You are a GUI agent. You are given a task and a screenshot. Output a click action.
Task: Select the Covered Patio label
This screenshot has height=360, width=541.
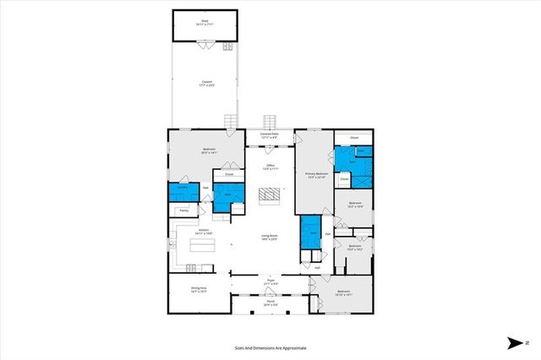pos(270,135)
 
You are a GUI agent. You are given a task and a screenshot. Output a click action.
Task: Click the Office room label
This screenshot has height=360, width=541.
pos(270,166)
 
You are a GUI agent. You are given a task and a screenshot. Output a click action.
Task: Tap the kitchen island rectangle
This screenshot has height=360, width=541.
pos(203,246)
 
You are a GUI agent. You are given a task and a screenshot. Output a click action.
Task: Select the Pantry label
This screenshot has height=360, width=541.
pos(183,210)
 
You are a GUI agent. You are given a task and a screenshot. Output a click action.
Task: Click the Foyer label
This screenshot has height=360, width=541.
pos(270,281)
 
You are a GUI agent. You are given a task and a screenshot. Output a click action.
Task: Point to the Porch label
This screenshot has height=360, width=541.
pos(270,303)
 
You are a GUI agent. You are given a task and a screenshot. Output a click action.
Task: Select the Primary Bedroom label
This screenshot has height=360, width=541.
pos(314,175)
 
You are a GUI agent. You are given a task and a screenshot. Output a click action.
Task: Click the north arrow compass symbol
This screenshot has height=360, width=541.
pos(513,343)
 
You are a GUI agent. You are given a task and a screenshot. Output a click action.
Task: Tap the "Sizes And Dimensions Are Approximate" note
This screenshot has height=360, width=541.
pos(270,347)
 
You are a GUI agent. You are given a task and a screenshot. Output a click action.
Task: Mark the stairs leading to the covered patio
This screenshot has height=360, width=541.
pos(270,122)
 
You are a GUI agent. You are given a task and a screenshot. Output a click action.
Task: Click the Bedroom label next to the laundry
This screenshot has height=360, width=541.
pos(208,151)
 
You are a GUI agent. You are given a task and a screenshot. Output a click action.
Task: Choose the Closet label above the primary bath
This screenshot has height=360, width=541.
pos(354,137)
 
